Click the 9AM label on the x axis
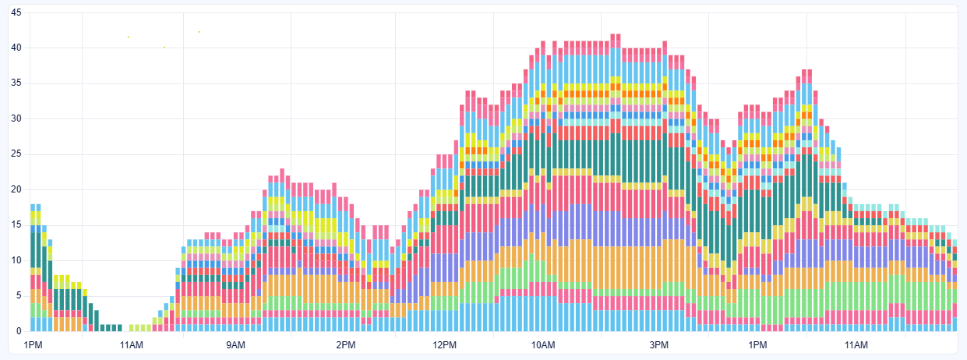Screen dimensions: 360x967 pyautogui.click(x=235, y=345)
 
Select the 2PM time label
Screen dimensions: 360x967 pyautogui.click(x=345, y=345)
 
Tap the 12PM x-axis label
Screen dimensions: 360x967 pyautogui.click(x=444, y=345)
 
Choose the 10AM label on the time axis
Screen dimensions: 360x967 pyautogui.click(x=543, y=345)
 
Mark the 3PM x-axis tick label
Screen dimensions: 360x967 pyautogui.click(x=659, y=345)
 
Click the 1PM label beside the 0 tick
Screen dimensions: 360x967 pyautogui.click(x=35, y=345)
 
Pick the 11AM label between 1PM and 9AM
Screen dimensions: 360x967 pyautogui.click(x=131, y=345)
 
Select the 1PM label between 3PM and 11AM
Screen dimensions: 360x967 pyautogui.click(x=757, y=345)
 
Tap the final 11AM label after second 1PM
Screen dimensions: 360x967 pyautogui.click(x=856, y=345)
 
